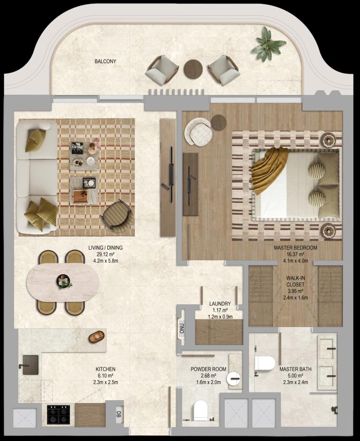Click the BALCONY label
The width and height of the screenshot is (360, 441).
[x=105, y=61]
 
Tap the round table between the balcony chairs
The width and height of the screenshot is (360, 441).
[x=193, y=69]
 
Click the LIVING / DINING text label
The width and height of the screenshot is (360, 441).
[x=105, y=248]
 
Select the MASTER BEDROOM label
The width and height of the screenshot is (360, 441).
[x=295, y=248]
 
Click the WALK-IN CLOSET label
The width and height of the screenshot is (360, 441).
[x=295, y=281]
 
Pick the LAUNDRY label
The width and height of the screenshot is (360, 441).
[x=220, y=304]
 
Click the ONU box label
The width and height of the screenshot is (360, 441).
[x=182, y=328]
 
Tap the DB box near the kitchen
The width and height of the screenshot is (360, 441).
[x=119, y=414]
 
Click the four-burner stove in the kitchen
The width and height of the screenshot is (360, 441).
[x=58, y=414]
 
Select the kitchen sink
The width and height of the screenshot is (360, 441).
[x=30, y=365]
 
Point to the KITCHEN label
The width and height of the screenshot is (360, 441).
[x=105, y=369]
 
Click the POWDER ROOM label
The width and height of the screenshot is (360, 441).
[x=208, y=369]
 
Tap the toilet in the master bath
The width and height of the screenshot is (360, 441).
[x=265, y=364]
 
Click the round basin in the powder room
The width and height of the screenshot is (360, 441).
[x=234, y=378]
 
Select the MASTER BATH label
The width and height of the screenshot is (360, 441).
[x=295, y=369]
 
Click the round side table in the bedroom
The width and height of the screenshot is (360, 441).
[x=218, y=122]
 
